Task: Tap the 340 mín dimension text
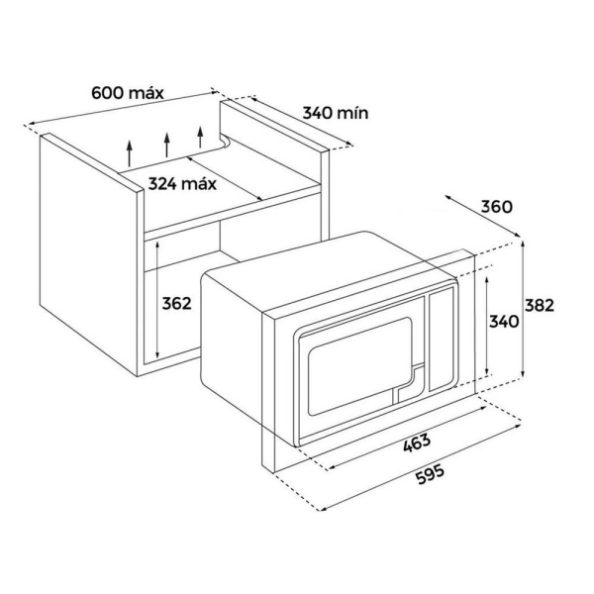(336, 113)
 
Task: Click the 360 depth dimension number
(495, 208)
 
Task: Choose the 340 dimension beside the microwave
(505, 322)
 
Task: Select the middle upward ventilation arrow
(166, 142)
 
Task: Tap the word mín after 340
(353, 113)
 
